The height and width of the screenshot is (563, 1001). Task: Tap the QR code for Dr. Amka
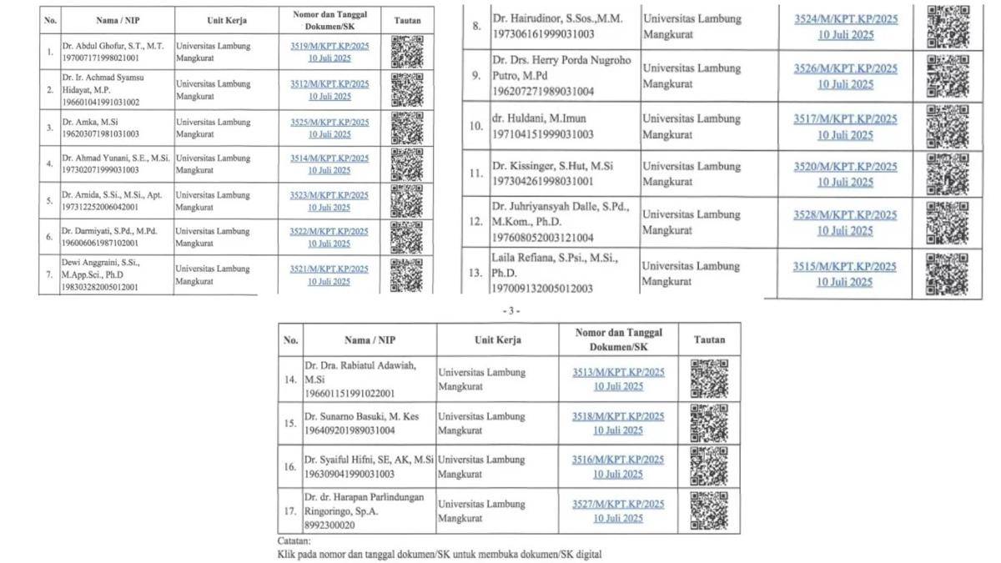point(406,128)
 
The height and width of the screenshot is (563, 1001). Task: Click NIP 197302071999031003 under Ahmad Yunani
point(99,170)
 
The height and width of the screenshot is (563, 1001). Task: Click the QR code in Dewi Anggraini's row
point(406,274)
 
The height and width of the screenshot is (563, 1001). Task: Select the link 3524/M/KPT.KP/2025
point(845,20)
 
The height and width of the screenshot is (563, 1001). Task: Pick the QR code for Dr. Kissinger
point(948,173)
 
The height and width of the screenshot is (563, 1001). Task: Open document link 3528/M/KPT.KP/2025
point(845,215)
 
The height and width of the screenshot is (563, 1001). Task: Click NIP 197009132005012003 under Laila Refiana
point(542,289)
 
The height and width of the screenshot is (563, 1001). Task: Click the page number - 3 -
point(511,310)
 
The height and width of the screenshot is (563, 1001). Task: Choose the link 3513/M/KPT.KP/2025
point(618,373)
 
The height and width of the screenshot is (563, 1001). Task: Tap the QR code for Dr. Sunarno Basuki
point(708,423)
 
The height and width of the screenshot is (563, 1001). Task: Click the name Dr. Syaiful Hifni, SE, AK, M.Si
point(369,460)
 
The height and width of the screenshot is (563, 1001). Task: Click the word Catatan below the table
point(295,540)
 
